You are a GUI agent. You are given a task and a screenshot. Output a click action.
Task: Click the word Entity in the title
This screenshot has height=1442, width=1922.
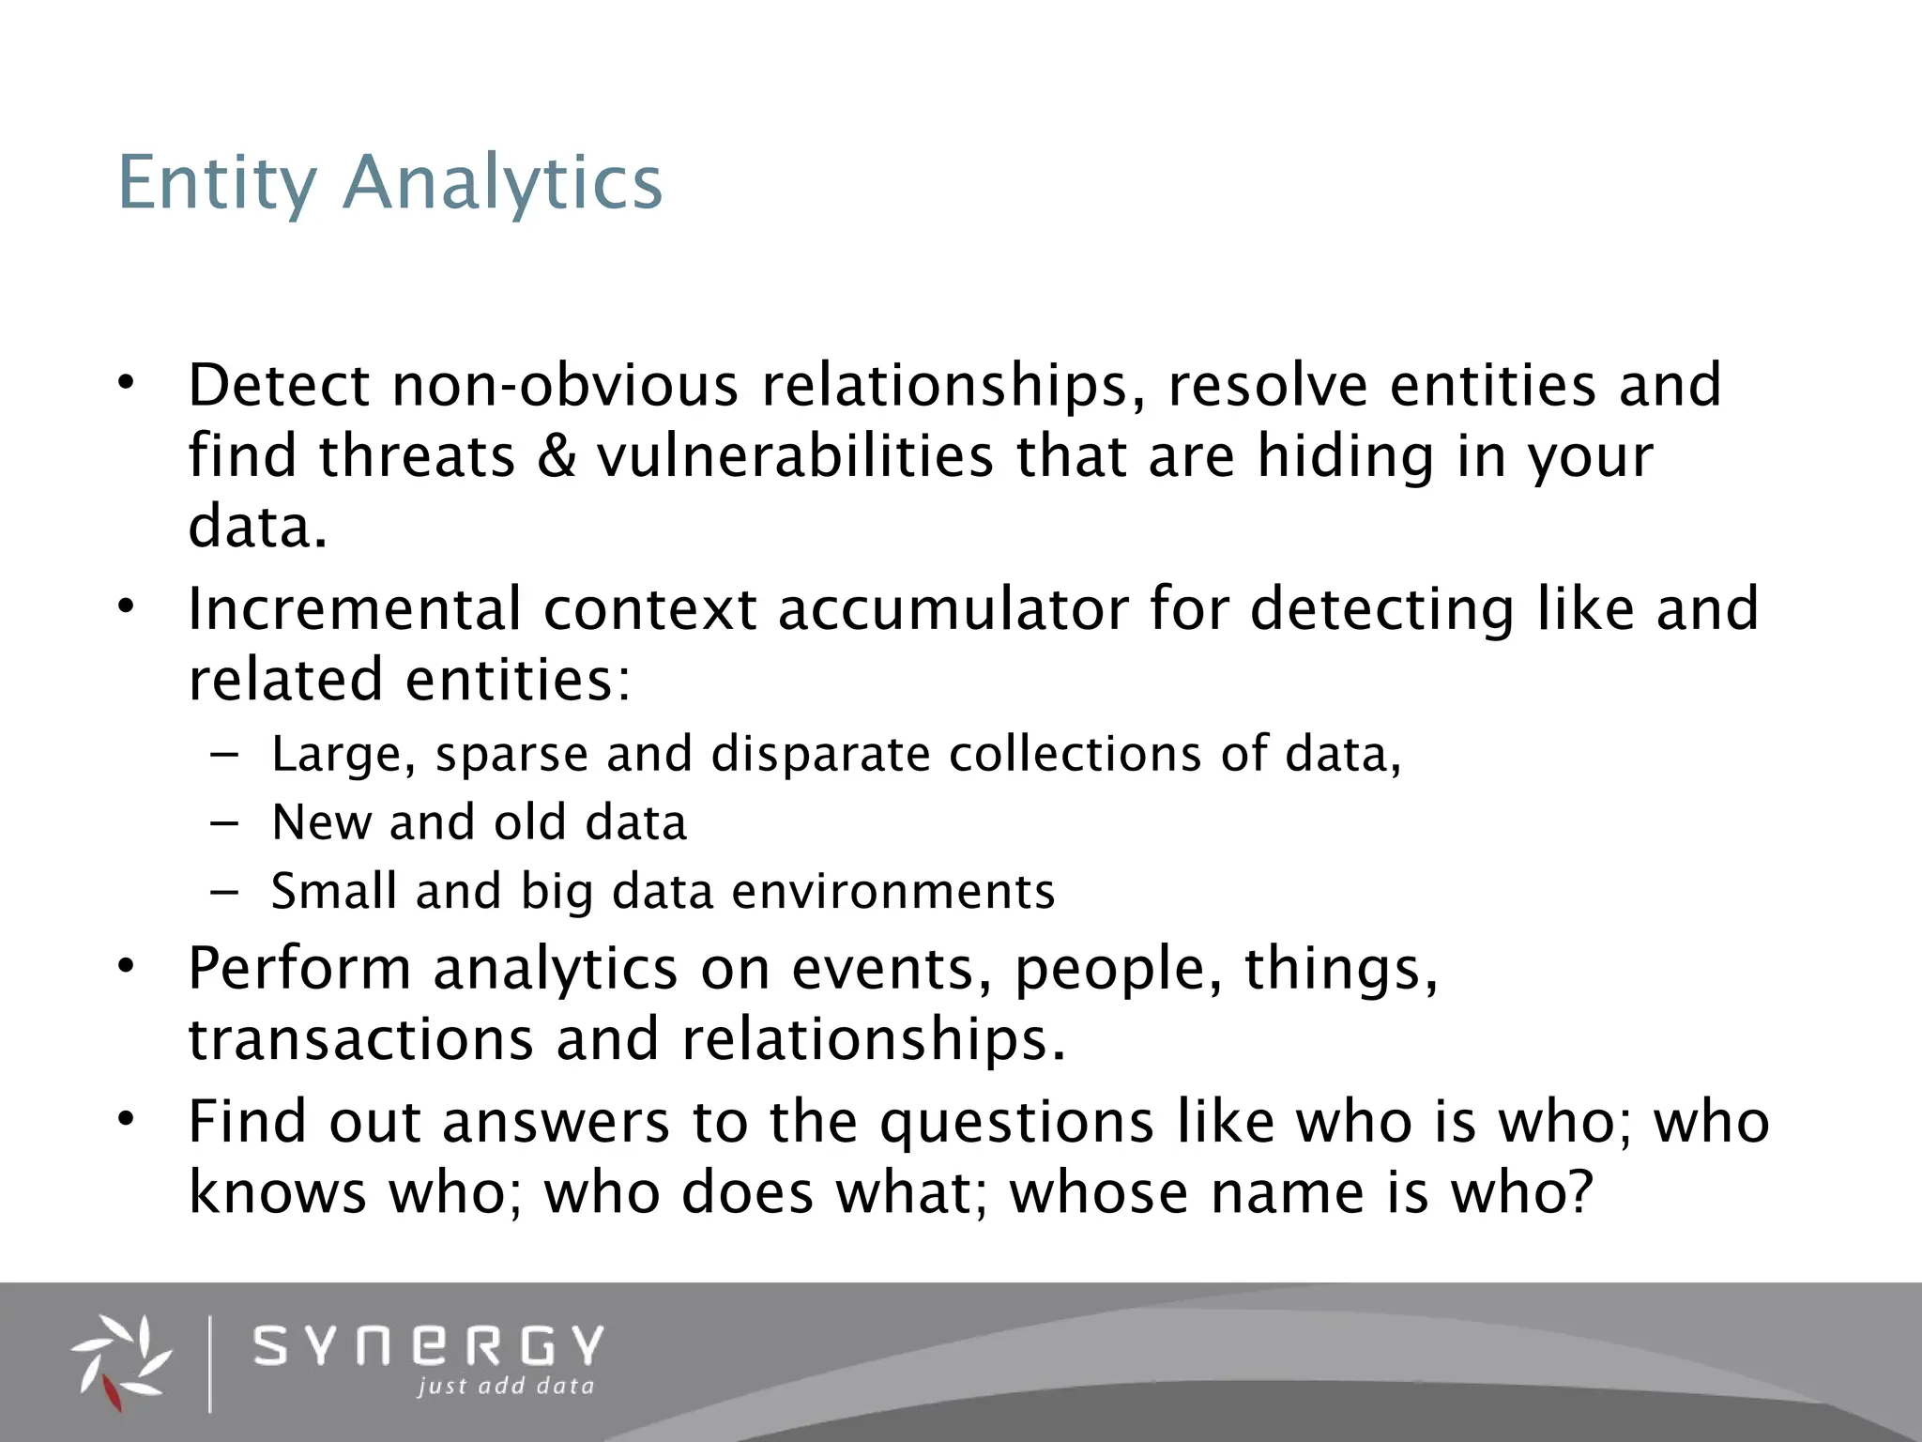[x=217, y=183]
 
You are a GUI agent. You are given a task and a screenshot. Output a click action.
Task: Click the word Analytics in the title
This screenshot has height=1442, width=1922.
[x=502, y=183]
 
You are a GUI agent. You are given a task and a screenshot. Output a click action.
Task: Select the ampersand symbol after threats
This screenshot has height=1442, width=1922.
[x=557, y=456]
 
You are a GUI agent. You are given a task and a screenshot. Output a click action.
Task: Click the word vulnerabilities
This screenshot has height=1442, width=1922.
[x=795, y=456]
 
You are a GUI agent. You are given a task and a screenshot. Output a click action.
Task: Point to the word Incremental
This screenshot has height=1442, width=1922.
[x=354, y=609]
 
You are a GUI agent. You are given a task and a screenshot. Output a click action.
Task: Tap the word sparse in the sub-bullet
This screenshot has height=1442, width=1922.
[x=511, y=755]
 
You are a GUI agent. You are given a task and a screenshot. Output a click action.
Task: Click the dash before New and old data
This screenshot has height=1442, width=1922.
[x=225, y=823]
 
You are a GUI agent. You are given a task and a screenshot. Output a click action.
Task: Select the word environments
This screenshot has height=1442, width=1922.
[x=892, y=892]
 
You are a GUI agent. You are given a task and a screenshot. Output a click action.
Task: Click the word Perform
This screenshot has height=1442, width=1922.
[x=299, y=969]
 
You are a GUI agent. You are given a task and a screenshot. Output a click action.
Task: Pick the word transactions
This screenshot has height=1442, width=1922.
[x=360, y=1040]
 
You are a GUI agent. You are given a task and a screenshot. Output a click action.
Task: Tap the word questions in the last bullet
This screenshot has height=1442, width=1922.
[x=1016, y=1123]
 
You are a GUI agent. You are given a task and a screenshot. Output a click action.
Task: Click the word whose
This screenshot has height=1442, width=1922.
[x=1099, y=1193]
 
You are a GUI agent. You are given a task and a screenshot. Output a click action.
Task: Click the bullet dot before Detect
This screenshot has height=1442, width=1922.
[x=128, y=383]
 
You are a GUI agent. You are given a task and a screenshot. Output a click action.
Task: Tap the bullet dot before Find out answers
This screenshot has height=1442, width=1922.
[x=128, y=1119]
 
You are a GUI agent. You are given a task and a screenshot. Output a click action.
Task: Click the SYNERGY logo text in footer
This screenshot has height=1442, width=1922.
[x=429, y=1346]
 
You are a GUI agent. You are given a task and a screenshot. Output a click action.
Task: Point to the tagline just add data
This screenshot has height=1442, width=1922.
[x=506, y=1387]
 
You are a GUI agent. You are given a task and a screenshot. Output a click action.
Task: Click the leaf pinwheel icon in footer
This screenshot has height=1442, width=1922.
[x=122, y=1362]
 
